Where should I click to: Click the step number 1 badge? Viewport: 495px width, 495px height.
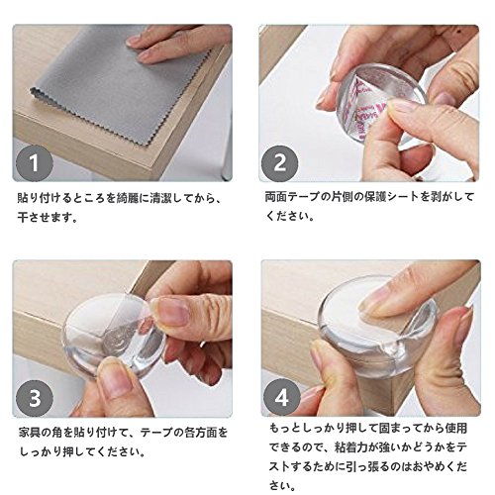coord(35,163)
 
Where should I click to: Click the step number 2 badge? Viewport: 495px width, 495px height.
coord(280,163)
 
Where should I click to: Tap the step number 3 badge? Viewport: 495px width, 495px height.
coord(35,398)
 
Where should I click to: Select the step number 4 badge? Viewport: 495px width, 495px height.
coord(281,398)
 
